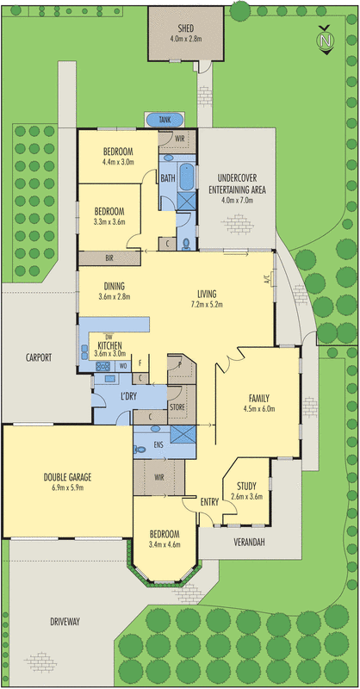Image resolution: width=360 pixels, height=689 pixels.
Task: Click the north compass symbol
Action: click(326, 40)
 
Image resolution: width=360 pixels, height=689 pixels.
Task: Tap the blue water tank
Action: click(164, 120)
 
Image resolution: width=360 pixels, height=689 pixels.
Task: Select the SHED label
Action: click(186, 29)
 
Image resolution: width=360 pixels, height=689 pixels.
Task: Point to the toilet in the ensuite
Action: click(140, 450)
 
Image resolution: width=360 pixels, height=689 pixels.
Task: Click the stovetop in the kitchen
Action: click(102, 365)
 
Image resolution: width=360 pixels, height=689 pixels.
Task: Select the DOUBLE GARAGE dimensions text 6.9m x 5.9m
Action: click(67, 487)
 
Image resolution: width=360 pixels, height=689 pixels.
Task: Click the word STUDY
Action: click(246, 486)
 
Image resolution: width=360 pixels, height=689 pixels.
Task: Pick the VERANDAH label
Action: click(249, 542)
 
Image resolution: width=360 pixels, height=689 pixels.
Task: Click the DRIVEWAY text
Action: click(65, 621)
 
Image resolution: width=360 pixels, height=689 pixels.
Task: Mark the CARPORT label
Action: click(38, 357)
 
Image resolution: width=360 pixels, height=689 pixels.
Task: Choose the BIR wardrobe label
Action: click(109, 259)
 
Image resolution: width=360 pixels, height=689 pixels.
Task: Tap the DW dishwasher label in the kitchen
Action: click(103, 337)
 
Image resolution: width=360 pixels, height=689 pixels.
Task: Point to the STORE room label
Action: click(177, 406)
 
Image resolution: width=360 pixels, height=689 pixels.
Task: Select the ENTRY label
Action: click(209, 502)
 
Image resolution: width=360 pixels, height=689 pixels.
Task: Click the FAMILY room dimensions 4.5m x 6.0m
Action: click(259, 409)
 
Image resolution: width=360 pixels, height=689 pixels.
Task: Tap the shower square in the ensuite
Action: click(183, 435)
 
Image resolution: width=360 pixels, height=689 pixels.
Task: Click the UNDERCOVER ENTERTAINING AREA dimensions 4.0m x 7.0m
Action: click(237, 201)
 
